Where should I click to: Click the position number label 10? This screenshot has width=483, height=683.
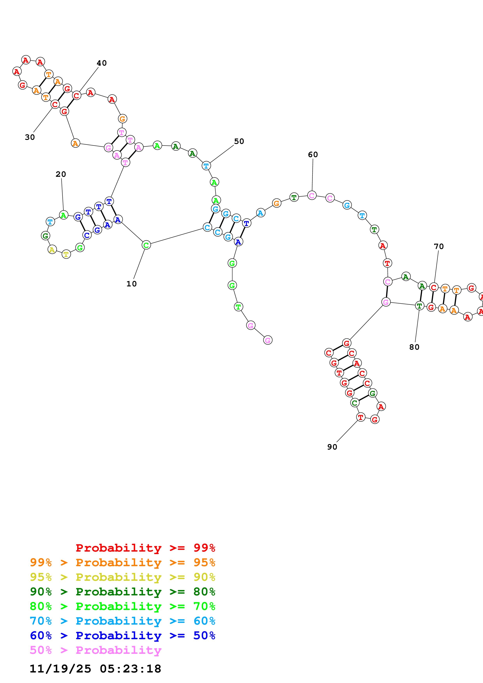point(131,284)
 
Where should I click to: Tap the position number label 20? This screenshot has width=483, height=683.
point(61,174)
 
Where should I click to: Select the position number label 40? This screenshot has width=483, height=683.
point(102,63)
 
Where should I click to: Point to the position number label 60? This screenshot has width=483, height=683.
point(313,155)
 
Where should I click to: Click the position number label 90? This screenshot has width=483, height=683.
point(332,447)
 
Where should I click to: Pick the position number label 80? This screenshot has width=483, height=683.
point(414,347)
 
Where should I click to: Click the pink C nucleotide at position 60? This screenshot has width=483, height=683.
point(312,196)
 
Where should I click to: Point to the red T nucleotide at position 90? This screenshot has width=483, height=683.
point(361,417)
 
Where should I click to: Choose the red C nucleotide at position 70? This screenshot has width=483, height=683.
point(434,287)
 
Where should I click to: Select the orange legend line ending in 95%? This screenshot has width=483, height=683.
point(122,562)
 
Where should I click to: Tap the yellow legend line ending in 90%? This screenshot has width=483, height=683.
point(122,577)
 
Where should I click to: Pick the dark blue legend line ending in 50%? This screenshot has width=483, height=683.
point(122,635)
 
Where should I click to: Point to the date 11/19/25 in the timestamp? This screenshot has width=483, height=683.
point(60,669)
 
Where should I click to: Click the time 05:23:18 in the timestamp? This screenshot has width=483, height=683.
point(130,669)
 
